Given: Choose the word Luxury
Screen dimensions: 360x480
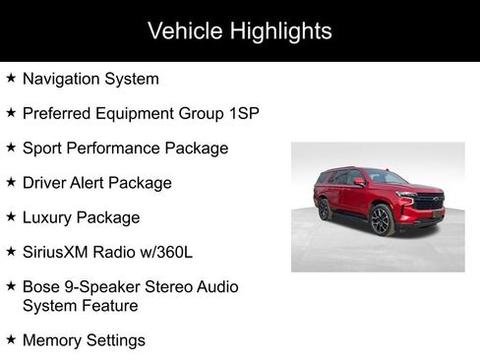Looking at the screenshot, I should click(49, 217).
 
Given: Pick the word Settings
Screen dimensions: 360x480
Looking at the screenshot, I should click(116, 340).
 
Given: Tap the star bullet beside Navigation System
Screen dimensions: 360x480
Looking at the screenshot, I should click(11, 78).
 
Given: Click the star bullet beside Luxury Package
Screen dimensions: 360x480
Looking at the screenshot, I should click(11, 216).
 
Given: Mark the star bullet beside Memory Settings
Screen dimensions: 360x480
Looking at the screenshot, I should click(11, 339).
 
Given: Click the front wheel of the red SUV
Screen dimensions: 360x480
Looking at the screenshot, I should click(382, 220).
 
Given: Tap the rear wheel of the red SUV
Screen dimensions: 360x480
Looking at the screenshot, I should click(326, 210).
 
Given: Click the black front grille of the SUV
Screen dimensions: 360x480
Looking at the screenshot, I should click(429, 202).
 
